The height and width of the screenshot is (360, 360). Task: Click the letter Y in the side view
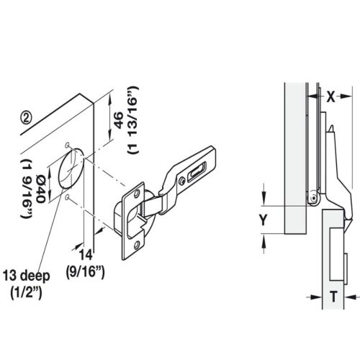pyautogui.click(x=264, y=221)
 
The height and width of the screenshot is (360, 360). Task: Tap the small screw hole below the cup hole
pyautogui.click(x=67, y=196)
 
